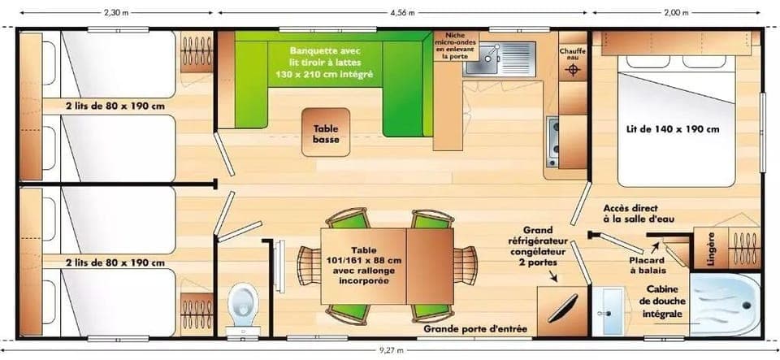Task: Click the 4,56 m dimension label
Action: point(402,12)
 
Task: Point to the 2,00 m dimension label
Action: point(676,12)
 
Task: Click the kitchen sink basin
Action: point(490,55)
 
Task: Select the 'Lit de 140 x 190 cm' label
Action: point(672,128)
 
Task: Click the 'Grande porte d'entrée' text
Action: point(475,329)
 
